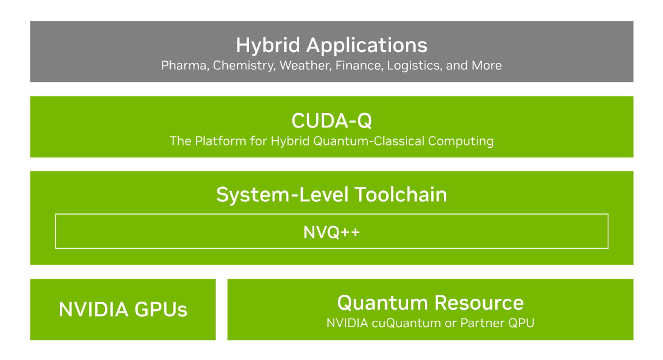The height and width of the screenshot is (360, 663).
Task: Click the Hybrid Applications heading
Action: [x=331, y=45]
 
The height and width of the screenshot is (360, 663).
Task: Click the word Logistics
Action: [x=413, y=66]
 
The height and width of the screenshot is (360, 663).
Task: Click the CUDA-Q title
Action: [x=331, y=121]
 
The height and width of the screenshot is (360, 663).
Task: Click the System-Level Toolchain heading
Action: [x=331, y=194]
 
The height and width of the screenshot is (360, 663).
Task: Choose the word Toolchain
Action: [x=401, y=194]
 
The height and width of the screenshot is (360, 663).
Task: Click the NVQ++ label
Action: [x=331, y=232]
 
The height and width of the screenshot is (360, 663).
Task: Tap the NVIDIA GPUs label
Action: [x=123, y=310]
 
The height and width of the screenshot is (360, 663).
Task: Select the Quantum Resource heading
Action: [x=430, y=302]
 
